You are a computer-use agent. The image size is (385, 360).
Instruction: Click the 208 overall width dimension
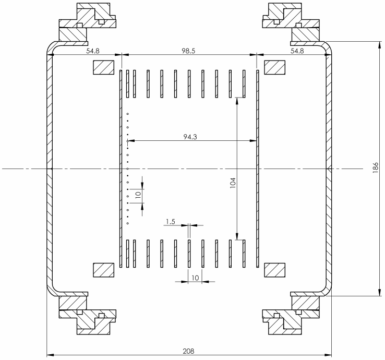188,351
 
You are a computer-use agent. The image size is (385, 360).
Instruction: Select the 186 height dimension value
376,168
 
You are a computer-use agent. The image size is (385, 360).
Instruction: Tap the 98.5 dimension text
188,51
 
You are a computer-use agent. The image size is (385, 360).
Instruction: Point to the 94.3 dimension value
190,137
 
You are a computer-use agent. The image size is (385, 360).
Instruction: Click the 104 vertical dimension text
233,183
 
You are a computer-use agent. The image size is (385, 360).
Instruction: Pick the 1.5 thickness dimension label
171,222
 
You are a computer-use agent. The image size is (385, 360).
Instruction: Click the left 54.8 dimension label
93,51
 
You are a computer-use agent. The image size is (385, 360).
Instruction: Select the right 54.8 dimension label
297,51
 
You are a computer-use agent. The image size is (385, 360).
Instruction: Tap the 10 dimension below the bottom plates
195,278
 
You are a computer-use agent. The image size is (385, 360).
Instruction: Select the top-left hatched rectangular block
103,67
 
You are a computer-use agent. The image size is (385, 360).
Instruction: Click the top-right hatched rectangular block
275,67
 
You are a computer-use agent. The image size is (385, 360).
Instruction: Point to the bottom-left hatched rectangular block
103,270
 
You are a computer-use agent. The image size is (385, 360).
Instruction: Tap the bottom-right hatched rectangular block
275,270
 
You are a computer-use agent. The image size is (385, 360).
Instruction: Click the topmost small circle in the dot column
128,114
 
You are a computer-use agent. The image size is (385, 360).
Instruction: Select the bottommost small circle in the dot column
128,223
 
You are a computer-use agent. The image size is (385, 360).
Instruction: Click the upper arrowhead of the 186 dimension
380,45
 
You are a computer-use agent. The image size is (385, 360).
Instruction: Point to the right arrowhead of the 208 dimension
328,355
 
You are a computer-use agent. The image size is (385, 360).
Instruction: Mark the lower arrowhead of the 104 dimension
237,236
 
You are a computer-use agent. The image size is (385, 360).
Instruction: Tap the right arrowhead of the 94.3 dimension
253,141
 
